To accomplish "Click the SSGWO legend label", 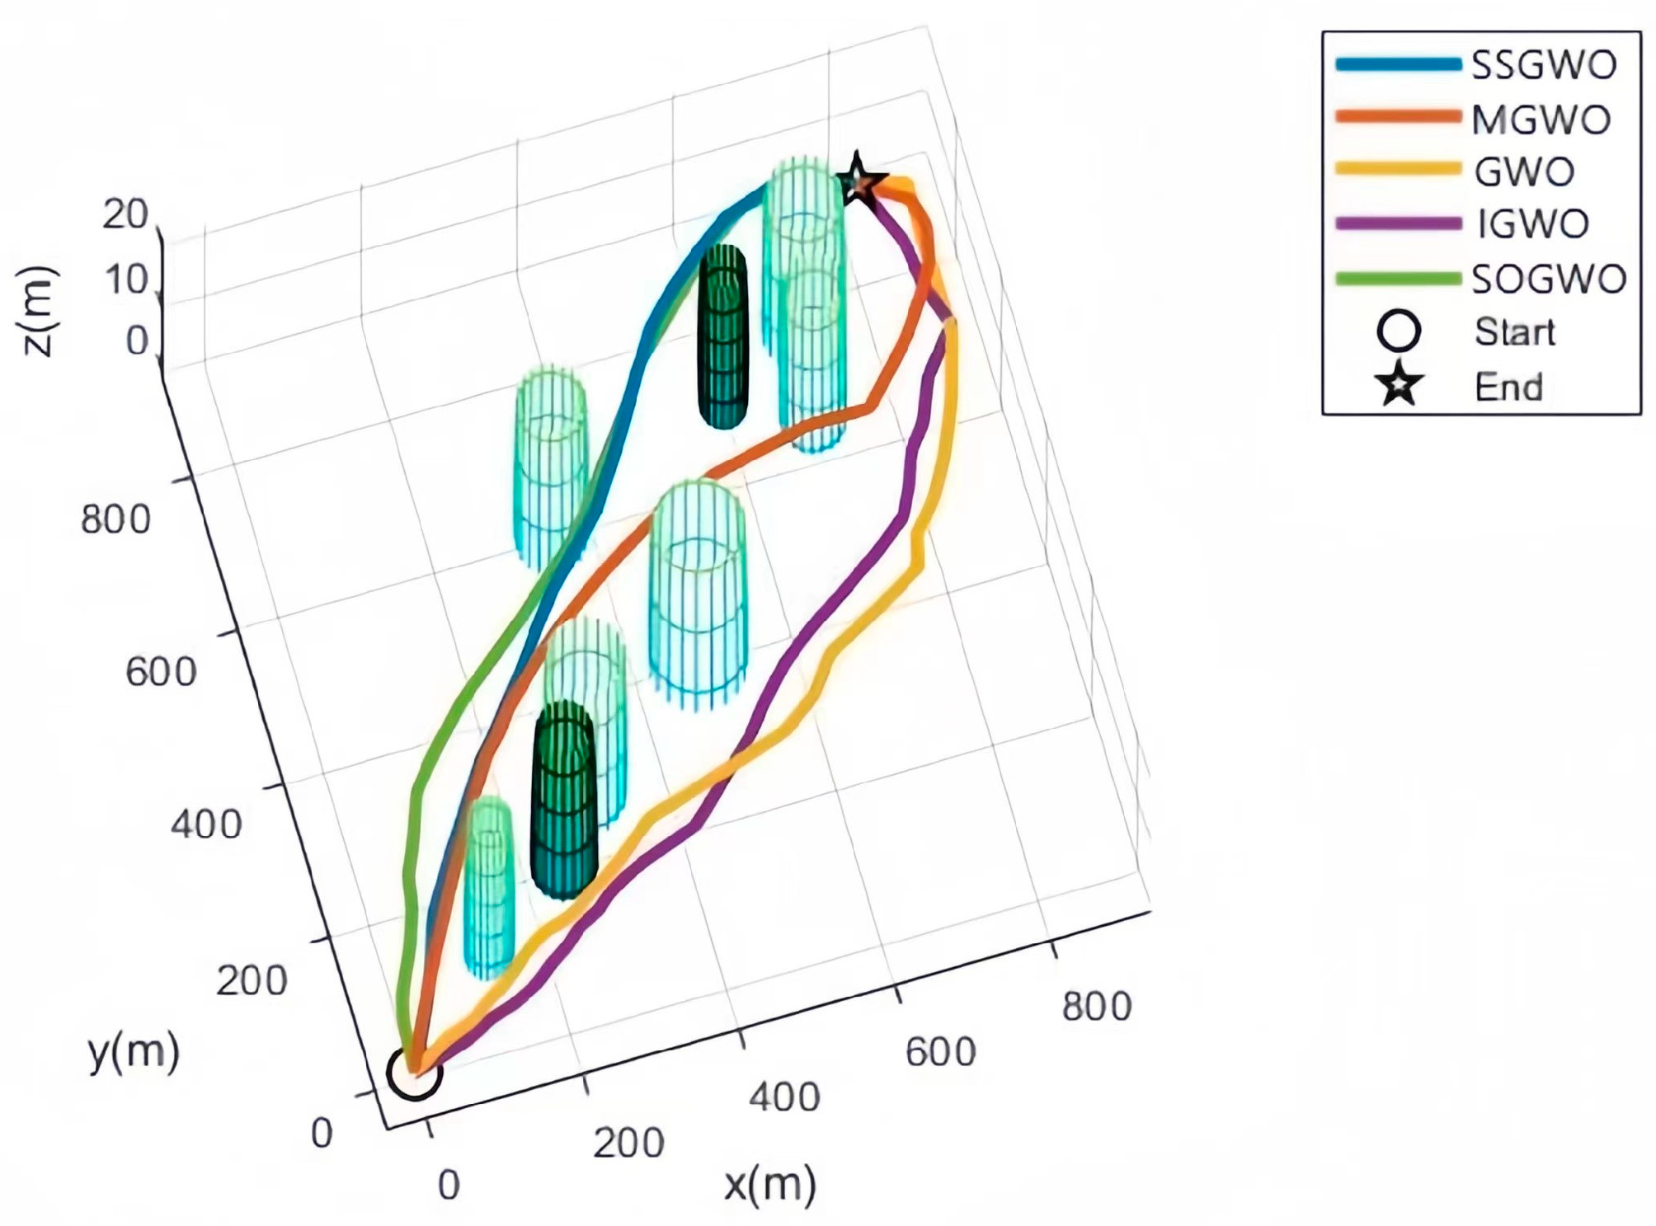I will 1544,65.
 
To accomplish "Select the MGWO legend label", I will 1541,120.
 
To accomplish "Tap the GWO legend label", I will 1524,172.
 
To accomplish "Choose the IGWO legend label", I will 1532,224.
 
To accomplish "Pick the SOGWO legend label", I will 1549,279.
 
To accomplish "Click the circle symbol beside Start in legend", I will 1399,332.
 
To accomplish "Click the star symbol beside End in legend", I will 1399,385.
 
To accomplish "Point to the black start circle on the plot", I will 415,1072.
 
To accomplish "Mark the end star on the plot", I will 859,180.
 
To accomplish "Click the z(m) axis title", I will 38,312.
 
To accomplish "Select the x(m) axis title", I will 770,1185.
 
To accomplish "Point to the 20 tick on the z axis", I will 125,215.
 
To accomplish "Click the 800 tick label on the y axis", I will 115,520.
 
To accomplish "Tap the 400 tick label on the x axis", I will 784,1098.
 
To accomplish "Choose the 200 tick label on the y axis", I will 252,981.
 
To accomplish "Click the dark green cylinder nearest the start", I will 563,800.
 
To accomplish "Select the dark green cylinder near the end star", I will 723,336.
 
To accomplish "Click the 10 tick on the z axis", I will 126,281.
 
